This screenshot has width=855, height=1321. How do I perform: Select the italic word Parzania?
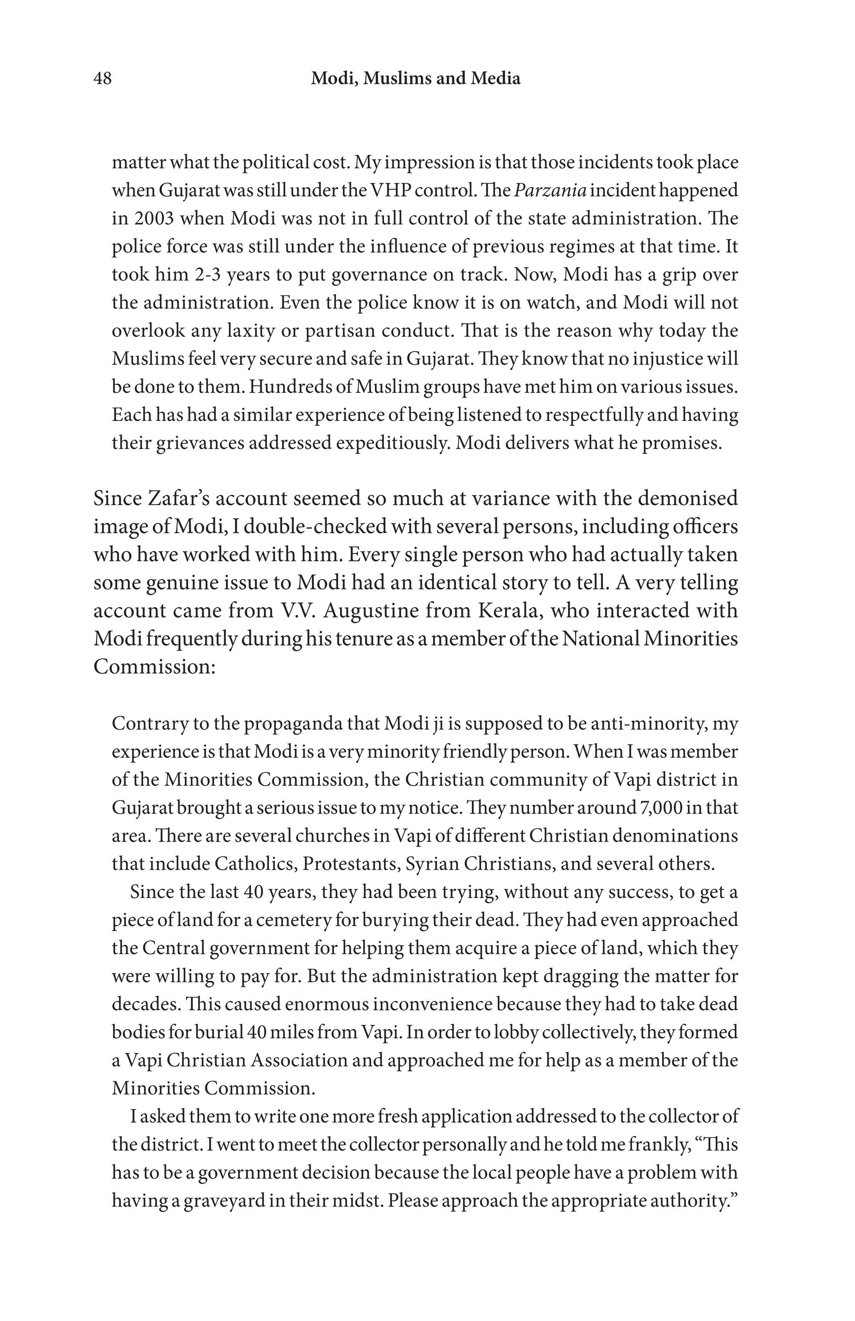550,190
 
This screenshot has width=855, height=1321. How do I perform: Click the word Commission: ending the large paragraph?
154,666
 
